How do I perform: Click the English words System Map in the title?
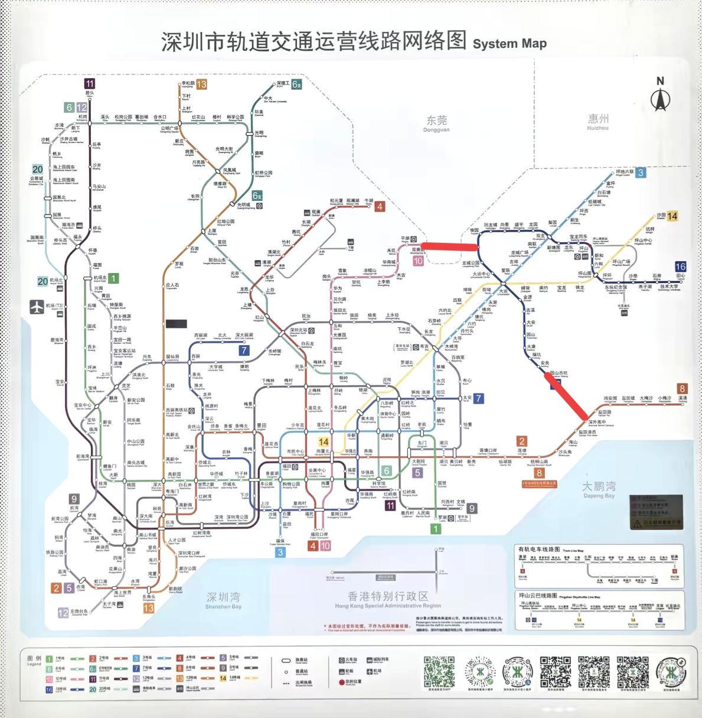point(510,44)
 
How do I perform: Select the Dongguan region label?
point(437,123)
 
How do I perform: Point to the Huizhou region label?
point(597,122)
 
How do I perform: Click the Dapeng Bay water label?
point(599,489)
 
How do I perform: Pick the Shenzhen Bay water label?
point(223,600)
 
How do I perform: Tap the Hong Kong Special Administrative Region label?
point(387,599)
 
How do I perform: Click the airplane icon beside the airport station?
point(37,307)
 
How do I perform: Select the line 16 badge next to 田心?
point(680,267)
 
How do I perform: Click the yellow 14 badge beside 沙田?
point(672,216)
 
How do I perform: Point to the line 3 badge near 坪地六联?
point(640,173)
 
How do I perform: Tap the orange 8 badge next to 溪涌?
point(683,389)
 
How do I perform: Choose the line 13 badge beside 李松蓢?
point(201,85)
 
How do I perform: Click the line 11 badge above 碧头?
point(89,84)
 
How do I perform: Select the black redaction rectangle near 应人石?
point(177,323)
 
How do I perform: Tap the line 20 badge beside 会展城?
point(37,170)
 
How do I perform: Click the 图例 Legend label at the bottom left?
point(35,660)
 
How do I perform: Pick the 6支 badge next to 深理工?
point(296,84)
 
